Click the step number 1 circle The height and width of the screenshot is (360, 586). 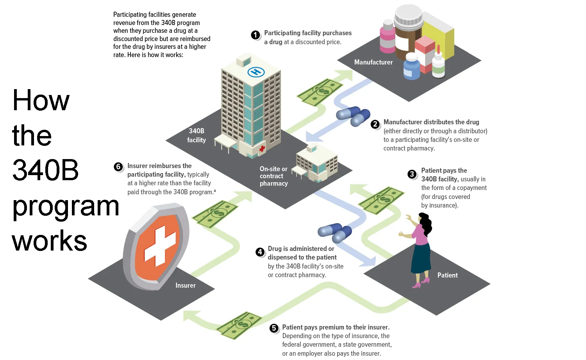(255, 35)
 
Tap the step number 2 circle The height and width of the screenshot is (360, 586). (375, 124)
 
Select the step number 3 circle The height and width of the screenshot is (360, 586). (412, 174)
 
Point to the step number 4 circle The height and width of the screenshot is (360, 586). (260, 252)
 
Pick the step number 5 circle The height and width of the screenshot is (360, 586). (274, 328)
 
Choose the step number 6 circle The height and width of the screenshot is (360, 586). (118, 167)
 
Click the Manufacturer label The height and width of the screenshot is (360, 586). (373, 62)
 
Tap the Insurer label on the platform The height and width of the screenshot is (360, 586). (186, 285)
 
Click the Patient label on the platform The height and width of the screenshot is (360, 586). (447, 275)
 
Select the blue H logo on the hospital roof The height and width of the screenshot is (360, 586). (256, 72)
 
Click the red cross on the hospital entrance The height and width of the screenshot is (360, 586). (262, 149)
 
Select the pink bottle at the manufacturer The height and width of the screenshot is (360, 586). (388, 37)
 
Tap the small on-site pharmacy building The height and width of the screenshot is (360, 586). (315, 164)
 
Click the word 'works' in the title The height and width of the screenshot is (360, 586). (50, 241)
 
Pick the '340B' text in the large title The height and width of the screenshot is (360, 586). (45, 170)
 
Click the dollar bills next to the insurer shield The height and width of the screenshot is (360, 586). (215, 214)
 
